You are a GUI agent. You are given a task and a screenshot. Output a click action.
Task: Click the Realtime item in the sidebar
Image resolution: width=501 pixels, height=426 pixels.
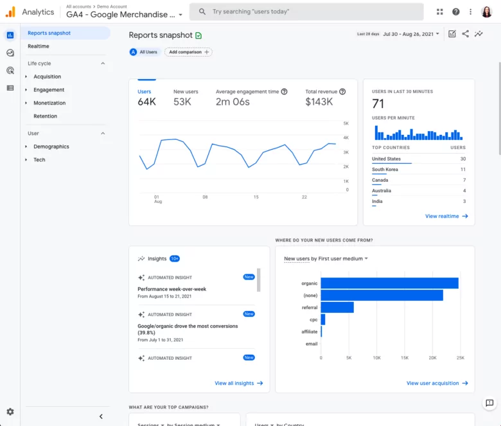click(x=39, y=46)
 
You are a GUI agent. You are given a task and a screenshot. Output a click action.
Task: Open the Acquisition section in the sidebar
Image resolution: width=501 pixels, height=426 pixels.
click(x=47, y=76)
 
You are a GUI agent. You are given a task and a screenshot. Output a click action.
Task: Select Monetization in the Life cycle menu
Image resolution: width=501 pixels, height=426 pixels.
click(x=49, y=103)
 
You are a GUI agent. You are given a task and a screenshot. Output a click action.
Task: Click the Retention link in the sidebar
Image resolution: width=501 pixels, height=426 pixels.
click(x=45, y=116)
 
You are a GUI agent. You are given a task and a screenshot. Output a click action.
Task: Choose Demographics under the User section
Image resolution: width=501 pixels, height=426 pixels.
click(x=51, y=146)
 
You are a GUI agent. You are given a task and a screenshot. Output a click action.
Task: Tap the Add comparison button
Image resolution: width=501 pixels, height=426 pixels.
click(x=188, y=52)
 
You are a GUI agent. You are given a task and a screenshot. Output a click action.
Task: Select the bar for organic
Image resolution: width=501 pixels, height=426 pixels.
click(x=389, y=283)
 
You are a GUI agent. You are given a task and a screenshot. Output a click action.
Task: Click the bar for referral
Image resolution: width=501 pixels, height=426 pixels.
click(x=337, y=308)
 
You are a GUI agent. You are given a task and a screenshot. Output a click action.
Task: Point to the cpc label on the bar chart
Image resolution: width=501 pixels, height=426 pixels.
click(x=313, y=319)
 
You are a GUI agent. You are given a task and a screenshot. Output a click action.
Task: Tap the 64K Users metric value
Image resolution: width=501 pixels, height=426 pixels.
click(x=146, y=102)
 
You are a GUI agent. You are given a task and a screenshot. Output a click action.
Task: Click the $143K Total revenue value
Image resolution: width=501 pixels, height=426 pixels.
click(x=319, y=102)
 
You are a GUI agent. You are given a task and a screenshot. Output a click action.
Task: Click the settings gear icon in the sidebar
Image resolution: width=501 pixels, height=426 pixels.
click(x=10, y=412)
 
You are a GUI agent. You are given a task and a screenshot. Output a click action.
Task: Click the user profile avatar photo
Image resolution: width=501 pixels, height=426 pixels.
click(x=486, y=12)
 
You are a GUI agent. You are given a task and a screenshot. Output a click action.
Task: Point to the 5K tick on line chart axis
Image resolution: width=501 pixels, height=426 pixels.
click(x=346, y=123)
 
